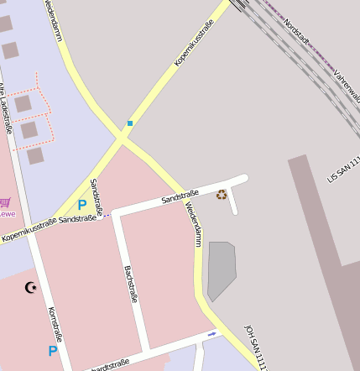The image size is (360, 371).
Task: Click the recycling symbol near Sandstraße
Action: click(222, 195)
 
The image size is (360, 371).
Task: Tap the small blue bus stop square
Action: click(130, 123)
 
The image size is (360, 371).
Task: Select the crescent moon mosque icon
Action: click(32, 288)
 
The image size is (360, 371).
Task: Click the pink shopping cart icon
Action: click(5, 202)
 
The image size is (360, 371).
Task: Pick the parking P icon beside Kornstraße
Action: click(53, 351)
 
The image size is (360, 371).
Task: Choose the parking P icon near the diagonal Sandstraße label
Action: click(82, 204)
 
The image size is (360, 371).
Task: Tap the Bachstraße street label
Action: click(131, 284)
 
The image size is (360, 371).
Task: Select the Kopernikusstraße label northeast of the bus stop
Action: click(193, 43)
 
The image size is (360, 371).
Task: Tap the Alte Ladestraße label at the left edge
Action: click(5, 109)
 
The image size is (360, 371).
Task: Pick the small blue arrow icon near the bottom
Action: click(211, 334)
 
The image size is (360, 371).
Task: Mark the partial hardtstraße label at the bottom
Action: click(109, 365)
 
